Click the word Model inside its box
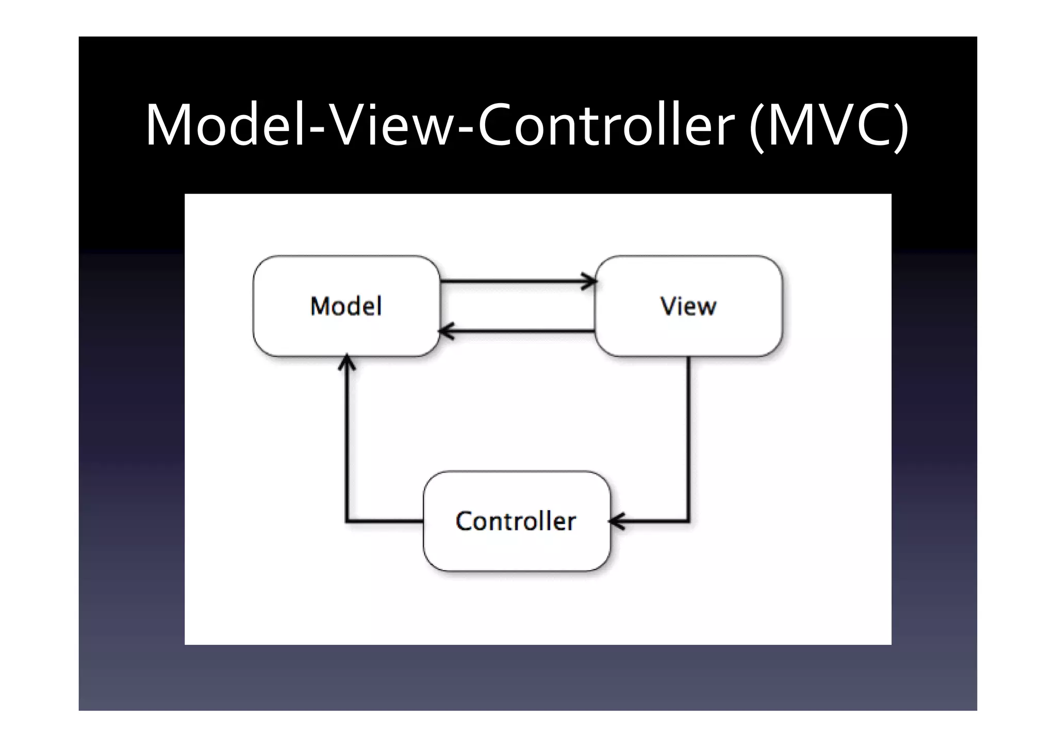[x=346, y=306]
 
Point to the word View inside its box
[x=688, y=306]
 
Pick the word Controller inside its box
[x=516, y=521]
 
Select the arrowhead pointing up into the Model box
[x=347, y=362]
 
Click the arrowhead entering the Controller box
[x=617, y=521]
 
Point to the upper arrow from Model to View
[x=516, y=282]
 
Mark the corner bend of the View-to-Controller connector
[x=688, y=521]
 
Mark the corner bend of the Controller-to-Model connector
[x=347, y=521]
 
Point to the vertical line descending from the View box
[x=688, y=439]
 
